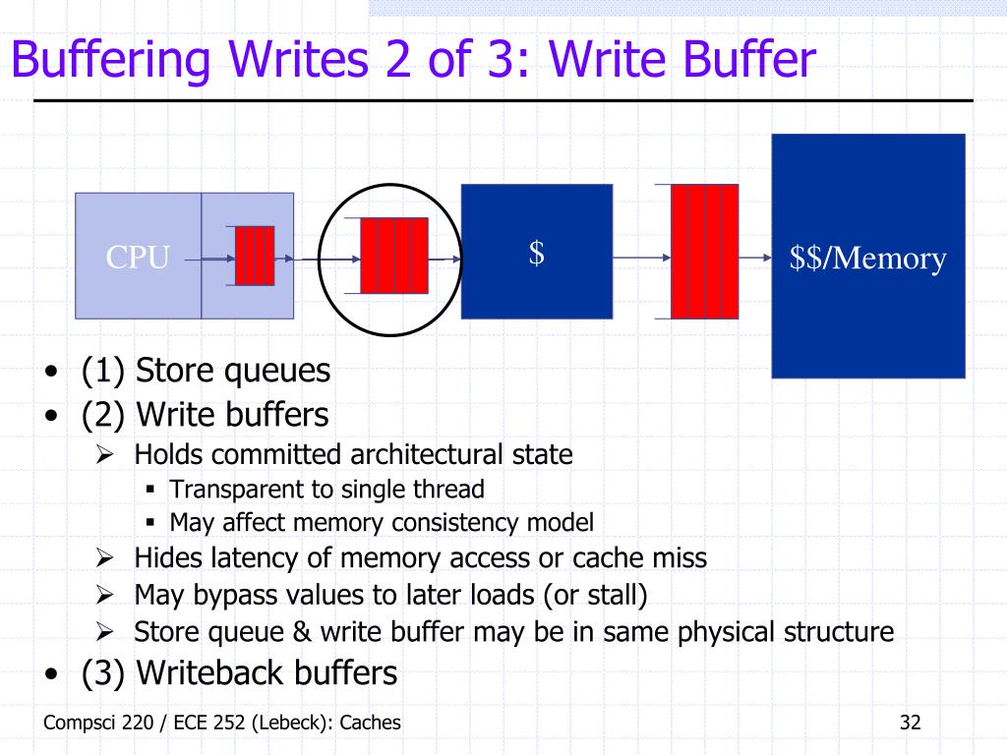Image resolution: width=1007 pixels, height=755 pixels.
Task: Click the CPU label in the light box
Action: [138, 257]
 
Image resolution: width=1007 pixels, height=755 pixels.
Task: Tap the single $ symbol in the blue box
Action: [537, 253]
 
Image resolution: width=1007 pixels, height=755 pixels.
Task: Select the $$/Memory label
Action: [867, 259]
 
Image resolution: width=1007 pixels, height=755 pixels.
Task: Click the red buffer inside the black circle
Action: [393, 256]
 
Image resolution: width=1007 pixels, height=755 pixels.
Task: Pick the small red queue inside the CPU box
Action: [255, 256]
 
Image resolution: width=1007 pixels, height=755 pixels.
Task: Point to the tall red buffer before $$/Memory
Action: [704, 251]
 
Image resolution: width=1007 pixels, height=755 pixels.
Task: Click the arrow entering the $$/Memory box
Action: [755, 258]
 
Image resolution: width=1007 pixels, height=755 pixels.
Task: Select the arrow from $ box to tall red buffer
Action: [641, 258]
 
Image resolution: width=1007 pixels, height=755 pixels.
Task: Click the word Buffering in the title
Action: [111, 59]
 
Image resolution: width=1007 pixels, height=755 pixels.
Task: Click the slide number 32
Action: [910, 723]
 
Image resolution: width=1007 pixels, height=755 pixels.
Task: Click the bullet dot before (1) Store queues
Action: [51, 371]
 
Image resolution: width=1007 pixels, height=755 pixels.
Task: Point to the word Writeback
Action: [210, 672]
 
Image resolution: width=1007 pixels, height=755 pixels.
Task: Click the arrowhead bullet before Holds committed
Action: [104, 454]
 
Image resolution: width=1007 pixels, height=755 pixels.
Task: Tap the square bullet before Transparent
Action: [150, 490]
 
